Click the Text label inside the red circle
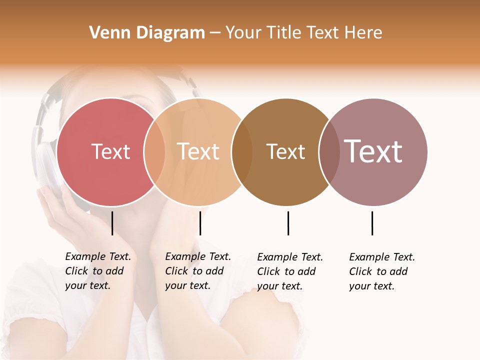click(x=110, y=151)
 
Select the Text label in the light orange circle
click(x=198, y=151)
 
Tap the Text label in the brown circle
click(x=285, y=151)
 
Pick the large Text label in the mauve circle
click(x=373, y=151)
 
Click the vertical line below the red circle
click(x=112, y=223)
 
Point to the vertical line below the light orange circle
click(x=200, y=223)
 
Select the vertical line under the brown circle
click(x=288, y=223)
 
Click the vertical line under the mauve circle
click(x=372, y=223)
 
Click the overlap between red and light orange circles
click(x=154, y=151)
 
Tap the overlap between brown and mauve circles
click(x=329, y=151)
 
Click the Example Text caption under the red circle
click(x=97, y=271)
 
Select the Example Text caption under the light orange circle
click(x=197, y=271)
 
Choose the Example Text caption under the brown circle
click(x=289, y=271)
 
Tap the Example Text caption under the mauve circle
click(x=381, y=271)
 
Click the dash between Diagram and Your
click(x=215, y=33)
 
